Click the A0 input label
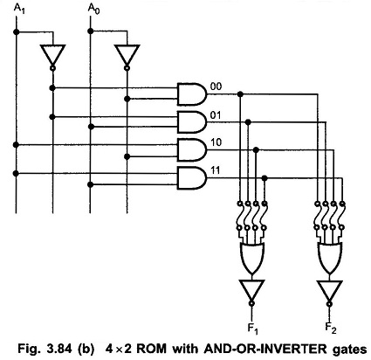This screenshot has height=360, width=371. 94,10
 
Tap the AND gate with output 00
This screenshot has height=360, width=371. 190,93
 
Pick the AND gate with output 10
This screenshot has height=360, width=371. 190,149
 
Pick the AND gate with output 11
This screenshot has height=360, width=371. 190,178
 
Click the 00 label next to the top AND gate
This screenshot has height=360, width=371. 215,86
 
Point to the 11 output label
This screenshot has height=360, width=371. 215,171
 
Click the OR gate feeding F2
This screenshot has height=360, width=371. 329,255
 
